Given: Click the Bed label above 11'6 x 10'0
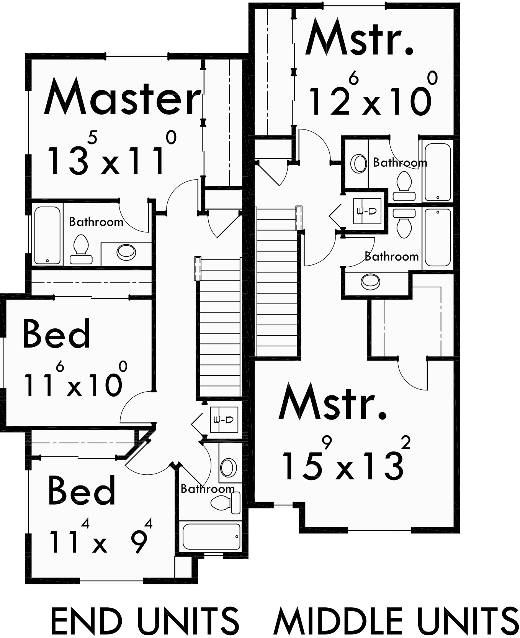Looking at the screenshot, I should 57,334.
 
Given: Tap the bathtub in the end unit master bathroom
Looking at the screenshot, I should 47,235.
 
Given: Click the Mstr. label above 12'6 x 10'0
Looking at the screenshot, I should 359,38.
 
